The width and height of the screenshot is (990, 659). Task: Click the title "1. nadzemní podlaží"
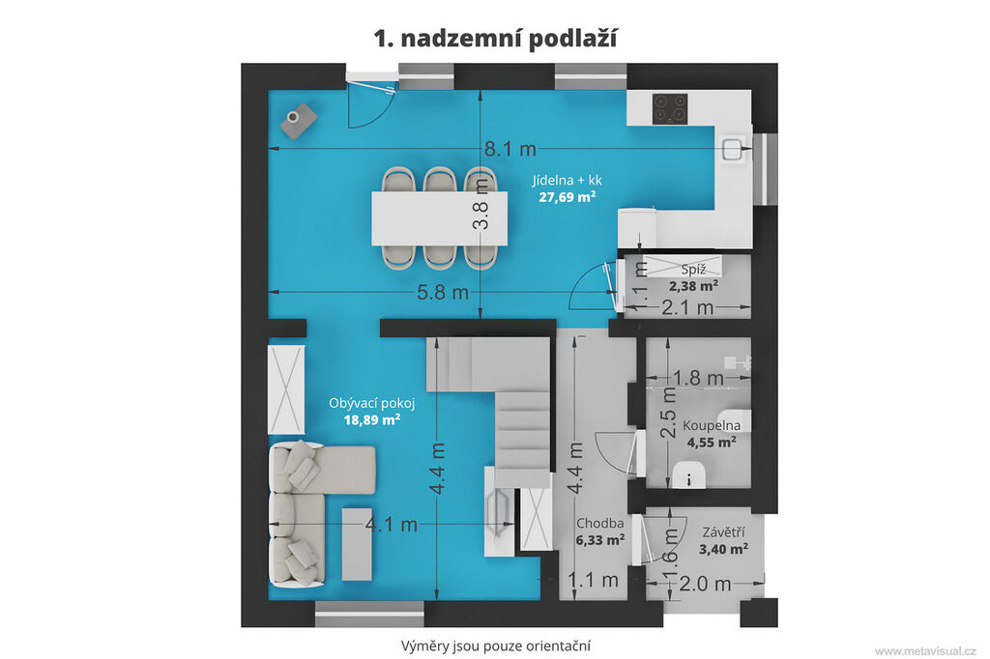point(495,39)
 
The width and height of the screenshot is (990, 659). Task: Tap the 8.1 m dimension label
point(510,149)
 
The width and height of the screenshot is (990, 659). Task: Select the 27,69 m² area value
point(567,197)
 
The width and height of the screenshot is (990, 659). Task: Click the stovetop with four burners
point(670,108)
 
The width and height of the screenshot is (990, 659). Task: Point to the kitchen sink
point(732,149)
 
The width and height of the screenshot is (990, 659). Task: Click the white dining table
point(440,218)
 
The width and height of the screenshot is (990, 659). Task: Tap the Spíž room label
point(693,270)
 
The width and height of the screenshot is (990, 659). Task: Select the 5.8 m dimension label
point(443,293)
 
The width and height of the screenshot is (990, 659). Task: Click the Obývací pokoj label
point(372,403)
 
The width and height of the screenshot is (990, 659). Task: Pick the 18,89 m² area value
point(372,419)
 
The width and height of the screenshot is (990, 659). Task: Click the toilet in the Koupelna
point(688,474)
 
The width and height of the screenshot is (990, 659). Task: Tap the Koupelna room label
point(712,425)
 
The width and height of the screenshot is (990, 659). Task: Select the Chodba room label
point(599,524)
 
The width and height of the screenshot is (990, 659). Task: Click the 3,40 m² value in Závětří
point(723,549)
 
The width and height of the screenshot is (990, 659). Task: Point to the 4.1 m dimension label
point(392,525)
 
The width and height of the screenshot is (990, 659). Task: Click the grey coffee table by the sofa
point(357,544)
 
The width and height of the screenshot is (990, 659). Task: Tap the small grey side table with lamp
point(299,121)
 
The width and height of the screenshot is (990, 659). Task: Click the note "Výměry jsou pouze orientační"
point(496,645)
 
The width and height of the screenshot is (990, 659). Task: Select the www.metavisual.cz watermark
point(925,651)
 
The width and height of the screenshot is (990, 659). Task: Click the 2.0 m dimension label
point(705,584)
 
